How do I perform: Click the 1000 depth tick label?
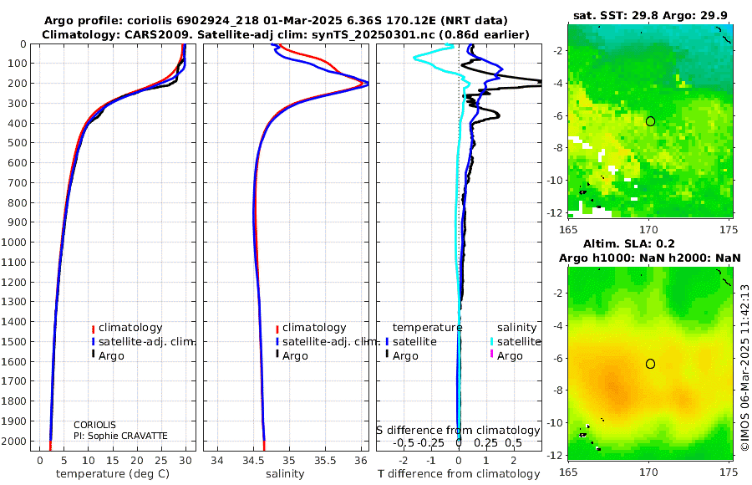[13, 242]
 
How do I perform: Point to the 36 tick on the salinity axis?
[361, 461]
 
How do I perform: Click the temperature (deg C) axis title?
[113, 474]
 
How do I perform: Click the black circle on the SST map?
[650, 121]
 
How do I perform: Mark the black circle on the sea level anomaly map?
[650, 364]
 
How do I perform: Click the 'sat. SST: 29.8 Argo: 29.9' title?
[650, 15]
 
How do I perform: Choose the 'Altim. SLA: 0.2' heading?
[628, 243]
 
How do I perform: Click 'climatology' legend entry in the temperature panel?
[127, 328]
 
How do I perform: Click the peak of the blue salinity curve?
[368, 83]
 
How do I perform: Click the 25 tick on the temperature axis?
[161, 461]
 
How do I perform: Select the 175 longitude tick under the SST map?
[729, 229]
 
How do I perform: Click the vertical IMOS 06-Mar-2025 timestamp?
[744, 367]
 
